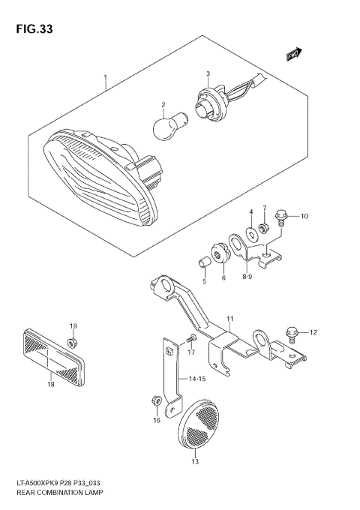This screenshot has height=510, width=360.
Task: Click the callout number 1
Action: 106,77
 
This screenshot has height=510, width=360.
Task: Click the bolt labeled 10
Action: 280,216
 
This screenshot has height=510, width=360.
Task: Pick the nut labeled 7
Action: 263,227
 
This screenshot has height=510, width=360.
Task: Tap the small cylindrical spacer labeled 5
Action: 202,263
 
